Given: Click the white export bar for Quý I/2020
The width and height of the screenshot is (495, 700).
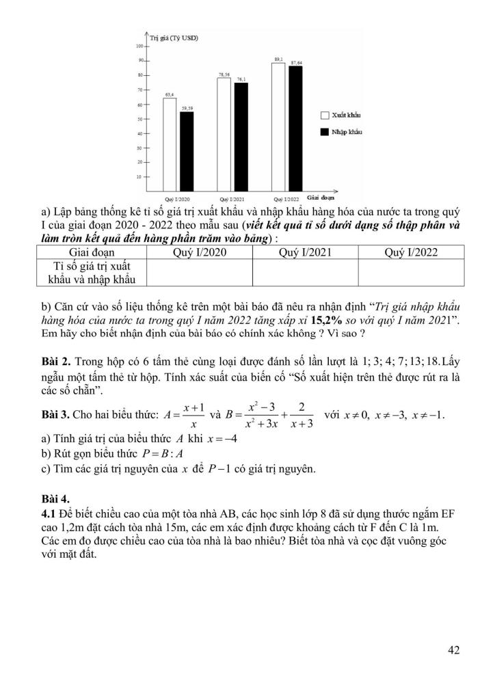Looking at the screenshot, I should [x=170, y=144].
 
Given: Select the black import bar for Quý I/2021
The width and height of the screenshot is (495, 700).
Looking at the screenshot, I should [x=241, y=136].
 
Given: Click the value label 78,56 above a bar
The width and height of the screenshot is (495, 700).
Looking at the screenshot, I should [x=224, y=73].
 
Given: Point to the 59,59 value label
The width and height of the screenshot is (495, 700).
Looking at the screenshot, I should [x=187, y=108].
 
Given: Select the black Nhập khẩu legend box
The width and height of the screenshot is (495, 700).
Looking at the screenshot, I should [x=325, y=132].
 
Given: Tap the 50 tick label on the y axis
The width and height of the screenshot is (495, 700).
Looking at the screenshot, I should [x=138, y=119].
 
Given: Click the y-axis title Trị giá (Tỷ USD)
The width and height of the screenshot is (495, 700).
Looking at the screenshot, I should [x=174, y=38].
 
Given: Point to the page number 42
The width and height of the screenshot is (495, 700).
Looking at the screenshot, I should [x=453, y=650].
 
